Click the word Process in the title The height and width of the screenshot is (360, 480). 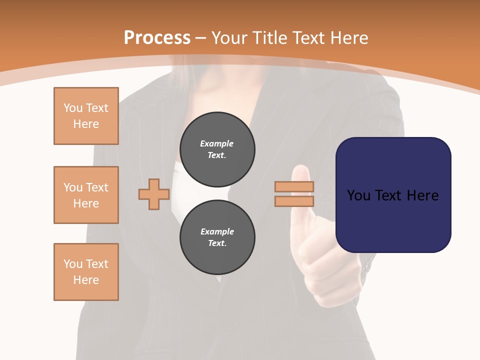157,38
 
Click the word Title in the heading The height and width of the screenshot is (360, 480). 269,38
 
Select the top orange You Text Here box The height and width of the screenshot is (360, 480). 86,116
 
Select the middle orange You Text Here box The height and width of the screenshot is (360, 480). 86,195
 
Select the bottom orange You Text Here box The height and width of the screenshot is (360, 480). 86,272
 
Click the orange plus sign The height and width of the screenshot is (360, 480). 154,194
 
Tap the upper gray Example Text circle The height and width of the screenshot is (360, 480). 217,149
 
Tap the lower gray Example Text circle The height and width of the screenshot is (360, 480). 217,237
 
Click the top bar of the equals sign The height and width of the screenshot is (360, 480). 294,187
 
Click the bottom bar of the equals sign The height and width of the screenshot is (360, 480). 294,201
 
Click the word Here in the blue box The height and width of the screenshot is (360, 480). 422,195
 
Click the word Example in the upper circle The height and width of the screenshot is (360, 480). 216,143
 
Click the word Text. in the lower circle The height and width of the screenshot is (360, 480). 217,243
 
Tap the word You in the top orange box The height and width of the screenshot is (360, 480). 72,108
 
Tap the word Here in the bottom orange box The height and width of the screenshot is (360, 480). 86,280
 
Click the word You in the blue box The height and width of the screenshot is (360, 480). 358,195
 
